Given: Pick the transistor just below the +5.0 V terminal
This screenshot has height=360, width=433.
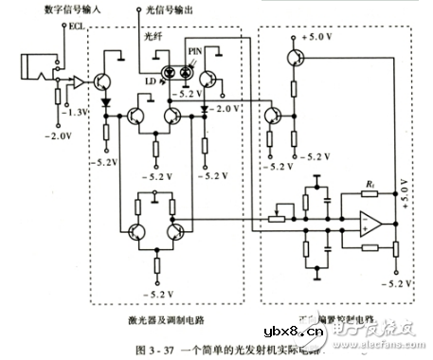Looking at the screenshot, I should tap(296, 60).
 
